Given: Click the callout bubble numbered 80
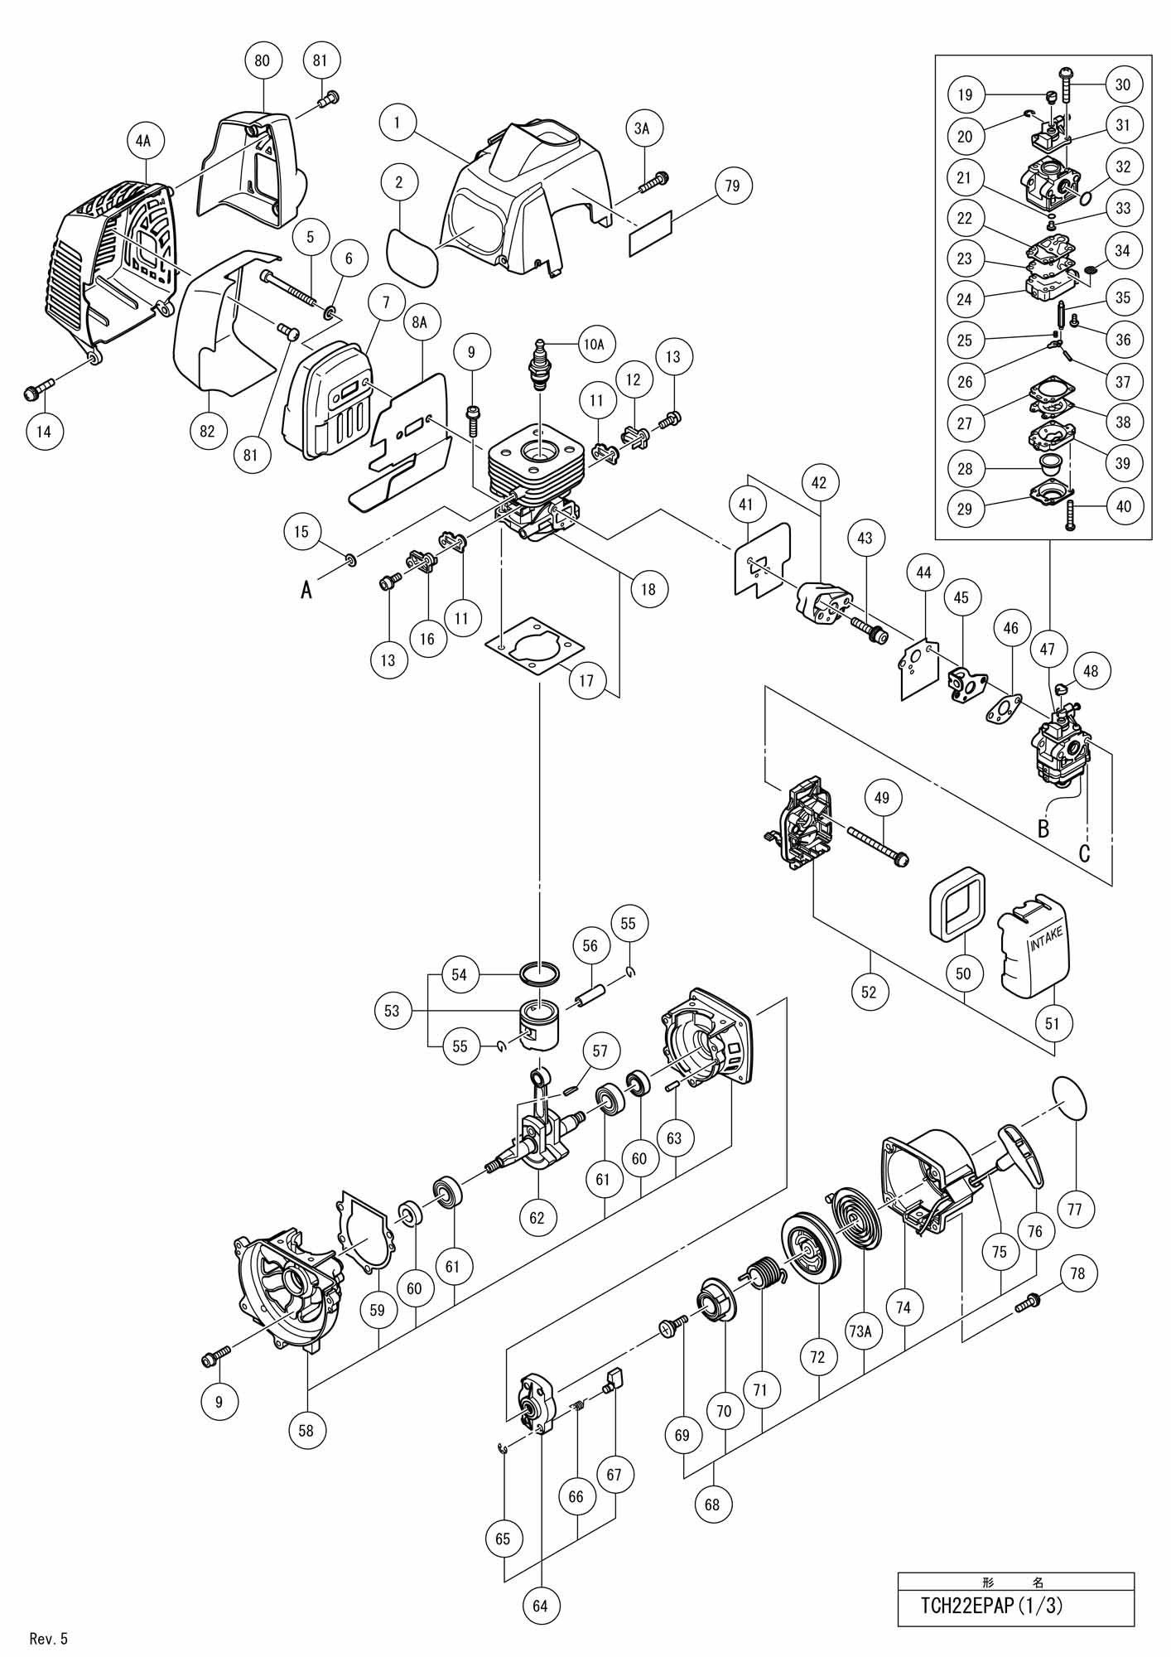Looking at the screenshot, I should click(x=263, y=60).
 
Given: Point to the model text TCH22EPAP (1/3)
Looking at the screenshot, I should click(x=991, y=1605).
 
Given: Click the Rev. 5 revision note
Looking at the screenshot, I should click(x=48, y=1638).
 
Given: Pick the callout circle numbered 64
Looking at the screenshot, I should click(x=540, y=1606).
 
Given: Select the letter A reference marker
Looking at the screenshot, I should click(x=306, y=590).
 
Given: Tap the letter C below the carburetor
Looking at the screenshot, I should click(x=1084, y=853).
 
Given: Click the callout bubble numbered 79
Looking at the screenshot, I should click(x=732, y=186).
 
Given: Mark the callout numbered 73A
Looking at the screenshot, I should click(x=860, y=1331).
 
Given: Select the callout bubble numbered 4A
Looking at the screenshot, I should click(x=143, y=141).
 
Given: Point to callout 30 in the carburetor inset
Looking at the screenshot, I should click(x=1123, y=84).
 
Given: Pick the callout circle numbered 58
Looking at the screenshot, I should click(x=307, y=1430).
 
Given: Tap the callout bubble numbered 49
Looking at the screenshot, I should click(x=881, y=798).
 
